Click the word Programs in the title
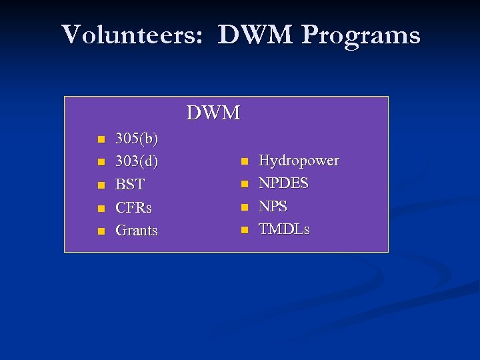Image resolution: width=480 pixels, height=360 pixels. tap(360, 35)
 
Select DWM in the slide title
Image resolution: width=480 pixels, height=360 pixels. tap(255, 35)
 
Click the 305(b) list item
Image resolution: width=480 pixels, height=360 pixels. tap(137, 139)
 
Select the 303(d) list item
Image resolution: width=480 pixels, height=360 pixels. tap(137, 162)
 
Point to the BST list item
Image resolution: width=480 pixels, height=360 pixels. tap(130, 185)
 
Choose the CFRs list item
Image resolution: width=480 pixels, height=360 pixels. tap(133, 208)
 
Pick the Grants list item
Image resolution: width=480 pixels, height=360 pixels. tap(137, 231)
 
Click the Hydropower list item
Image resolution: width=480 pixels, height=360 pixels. tap(299, 161)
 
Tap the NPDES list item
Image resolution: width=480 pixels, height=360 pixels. tap(283, 183)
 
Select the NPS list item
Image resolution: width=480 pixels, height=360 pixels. tap(273, 207)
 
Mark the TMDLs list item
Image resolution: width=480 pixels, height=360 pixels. tap(284, 229)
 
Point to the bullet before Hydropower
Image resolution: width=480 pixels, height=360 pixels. tap(244, 161)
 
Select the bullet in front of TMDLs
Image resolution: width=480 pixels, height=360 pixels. tap(244, 230)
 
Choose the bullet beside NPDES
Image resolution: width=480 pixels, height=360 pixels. tap(244, 184)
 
